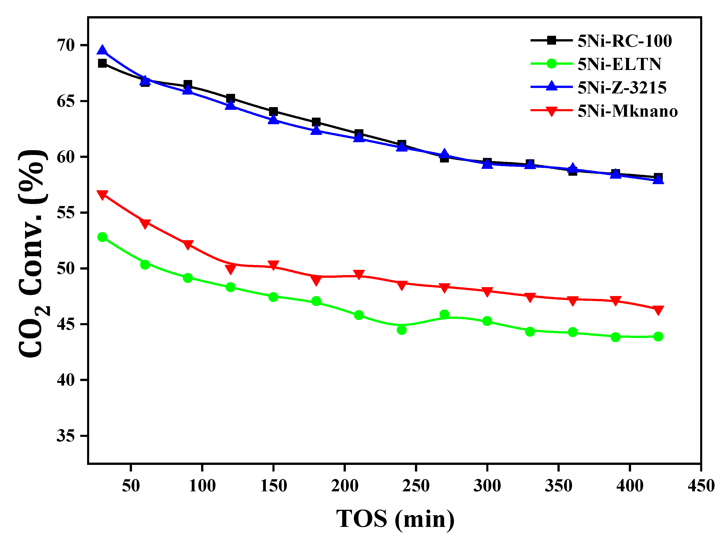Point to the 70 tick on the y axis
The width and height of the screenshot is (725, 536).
[66, 45]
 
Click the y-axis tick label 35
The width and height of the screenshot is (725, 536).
[66, 436]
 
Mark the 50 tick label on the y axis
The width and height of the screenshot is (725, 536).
[66, 268]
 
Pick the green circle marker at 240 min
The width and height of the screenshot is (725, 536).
[401, 330]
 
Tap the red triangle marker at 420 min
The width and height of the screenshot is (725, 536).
[658, 310]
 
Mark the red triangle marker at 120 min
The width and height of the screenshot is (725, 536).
[230, 269]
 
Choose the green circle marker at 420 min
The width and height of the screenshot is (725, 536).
[658, 336]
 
